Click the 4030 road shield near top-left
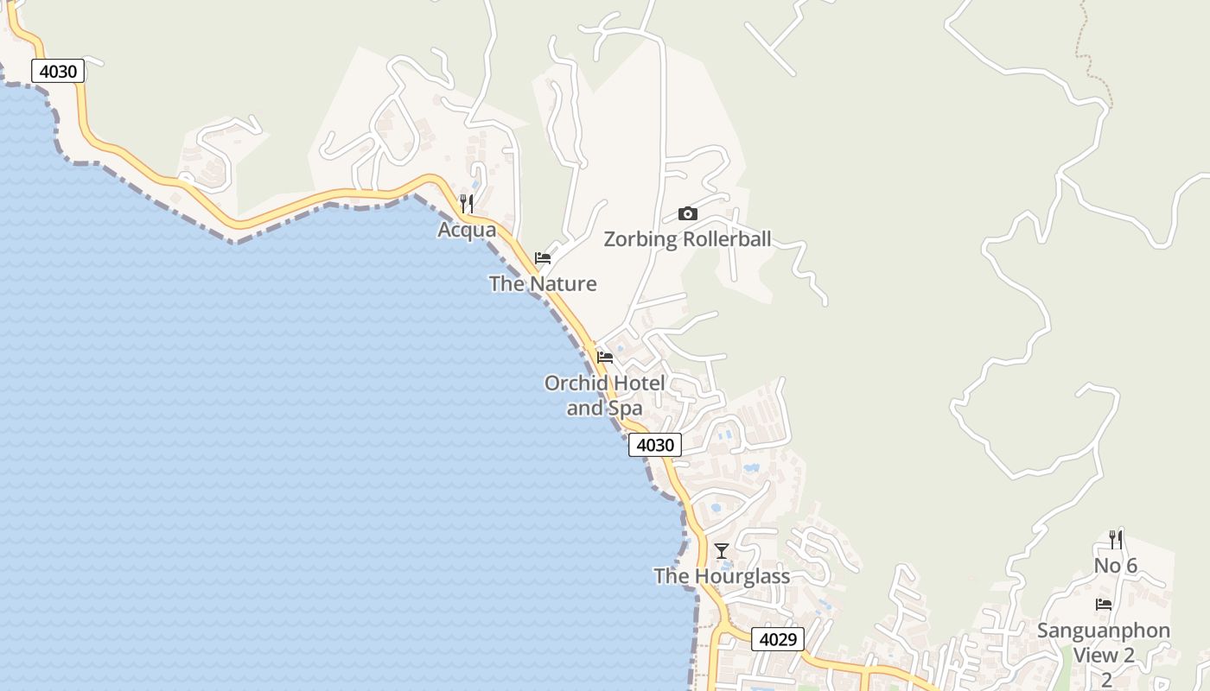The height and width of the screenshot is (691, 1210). [58, 71]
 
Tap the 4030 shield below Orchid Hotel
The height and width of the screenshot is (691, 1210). [654, 445]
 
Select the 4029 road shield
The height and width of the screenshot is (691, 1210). [778, 639]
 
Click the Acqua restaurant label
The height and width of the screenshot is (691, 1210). [467, 230]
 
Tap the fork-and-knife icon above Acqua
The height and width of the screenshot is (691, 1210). [467, 204]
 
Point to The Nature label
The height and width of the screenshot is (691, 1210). [543, 283]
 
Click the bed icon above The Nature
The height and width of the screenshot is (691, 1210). [543, 257]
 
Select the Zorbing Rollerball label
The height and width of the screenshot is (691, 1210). [687, 239]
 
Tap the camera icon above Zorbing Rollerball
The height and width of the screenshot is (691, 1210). [688, 213]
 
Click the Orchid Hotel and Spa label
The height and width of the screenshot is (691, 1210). [605, 396]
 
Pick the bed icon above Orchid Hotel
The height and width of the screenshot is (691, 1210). [605, 357]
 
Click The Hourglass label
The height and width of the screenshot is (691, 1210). [722, 576]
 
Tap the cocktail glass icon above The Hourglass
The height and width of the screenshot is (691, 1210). [722, 550]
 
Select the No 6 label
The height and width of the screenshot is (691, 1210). [1116, 566]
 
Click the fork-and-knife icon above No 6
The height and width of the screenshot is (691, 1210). [1116, 540]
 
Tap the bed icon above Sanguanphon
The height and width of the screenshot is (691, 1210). [1104, 605]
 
